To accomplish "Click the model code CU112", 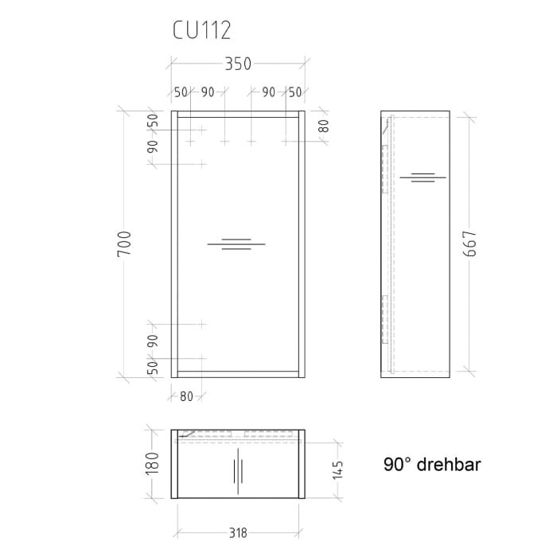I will tap(202, 30).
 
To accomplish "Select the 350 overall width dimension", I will tap(237, 64).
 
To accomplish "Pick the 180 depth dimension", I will tap(154, 462).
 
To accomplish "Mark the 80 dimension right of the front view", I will tap(323, 126).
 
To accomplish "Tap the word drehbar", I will tap(450, 465).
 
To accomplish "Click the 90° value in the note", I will tap(399, 465).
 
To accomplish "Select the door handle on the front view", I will tap(236, 243).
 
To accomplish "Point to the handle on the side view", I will tap(423, 177).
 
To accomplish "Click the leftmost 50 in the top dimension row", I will tap(181, 92).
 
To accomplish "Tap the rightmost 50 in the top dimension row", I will tap(295, 92).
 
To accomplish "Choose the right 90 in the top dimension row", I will tap(269, 92).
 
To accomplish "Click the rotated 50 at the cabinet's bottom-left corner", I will tap(153, 368).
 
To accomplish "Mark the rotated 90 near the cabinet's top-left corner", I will tap(153, 146).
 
